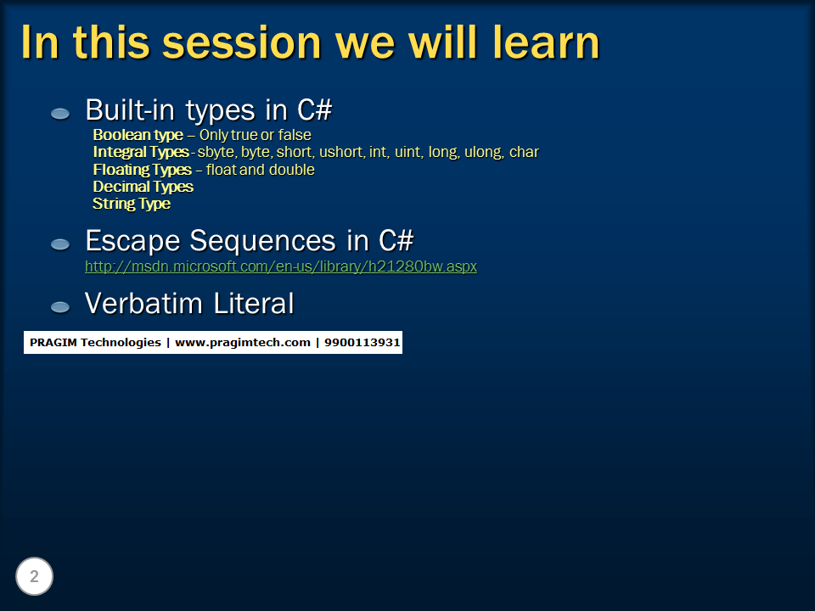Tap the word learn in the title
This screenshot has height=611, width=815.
point(546,42)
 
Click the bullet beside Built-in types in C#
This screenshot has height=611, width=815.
point(60,113)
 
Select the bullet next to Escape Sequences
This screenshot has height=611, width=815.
point(60,244)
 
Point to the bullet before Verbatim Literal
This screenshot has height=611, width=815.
point(60,305)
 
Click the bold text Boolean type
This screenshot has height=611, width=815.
point(138,135)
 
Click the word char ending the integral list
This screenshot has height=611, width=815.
point(524,152)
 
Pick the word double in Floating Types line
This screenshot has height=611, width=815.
point(292,170)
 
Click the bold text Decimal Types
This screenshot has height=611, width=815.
point(143,187)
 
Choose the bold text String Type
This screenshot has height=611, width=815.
point(132,204)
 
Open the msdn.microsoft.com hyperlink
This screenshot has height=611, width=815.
point(281,266)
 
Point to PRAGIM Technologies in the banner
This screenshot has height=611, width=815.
point(95,343)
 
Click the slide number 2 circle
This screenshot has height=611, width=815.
point(35,577)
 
